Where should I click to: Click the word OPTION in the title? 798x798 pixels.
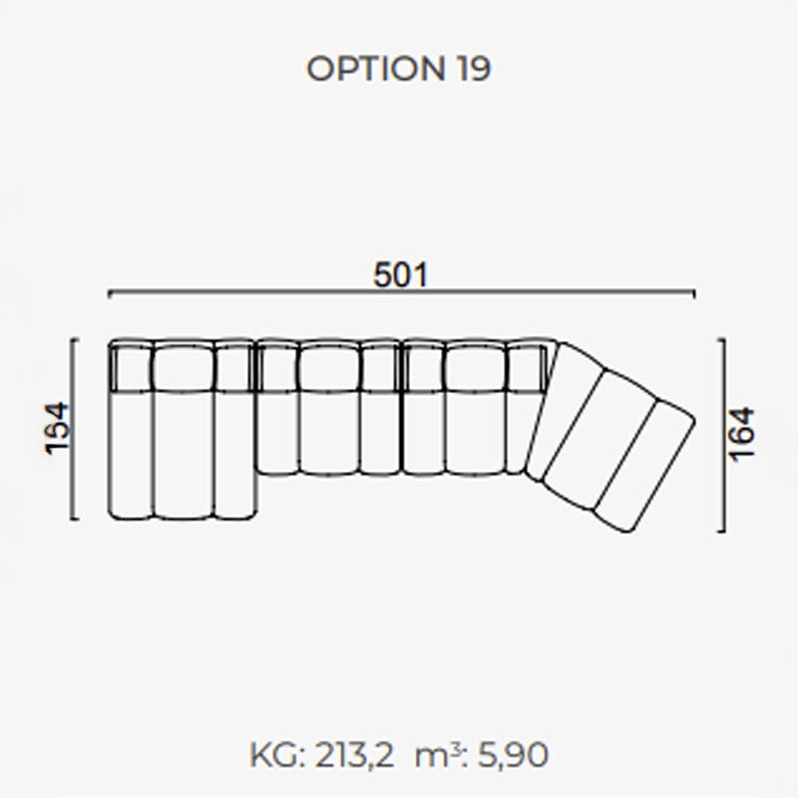coord(376,68)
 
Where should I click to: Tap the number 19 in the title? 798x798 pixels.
coord(474,68)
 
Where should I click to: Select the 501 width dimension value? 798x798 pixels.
coord(401,275)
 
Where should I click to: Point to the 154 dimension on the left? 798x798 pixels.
coord(57,428)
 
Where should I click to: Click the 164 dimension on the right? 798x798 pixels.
coord(741,434)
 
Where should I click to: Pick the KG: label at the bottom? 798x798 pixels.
coord(277,755)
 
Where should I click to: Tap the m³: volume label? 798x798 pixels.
coord(441,755)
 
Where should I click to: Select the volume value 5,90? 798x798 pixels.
coord(513,756)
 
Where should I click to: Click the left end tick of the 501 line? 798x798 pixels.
coord(109,293)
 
